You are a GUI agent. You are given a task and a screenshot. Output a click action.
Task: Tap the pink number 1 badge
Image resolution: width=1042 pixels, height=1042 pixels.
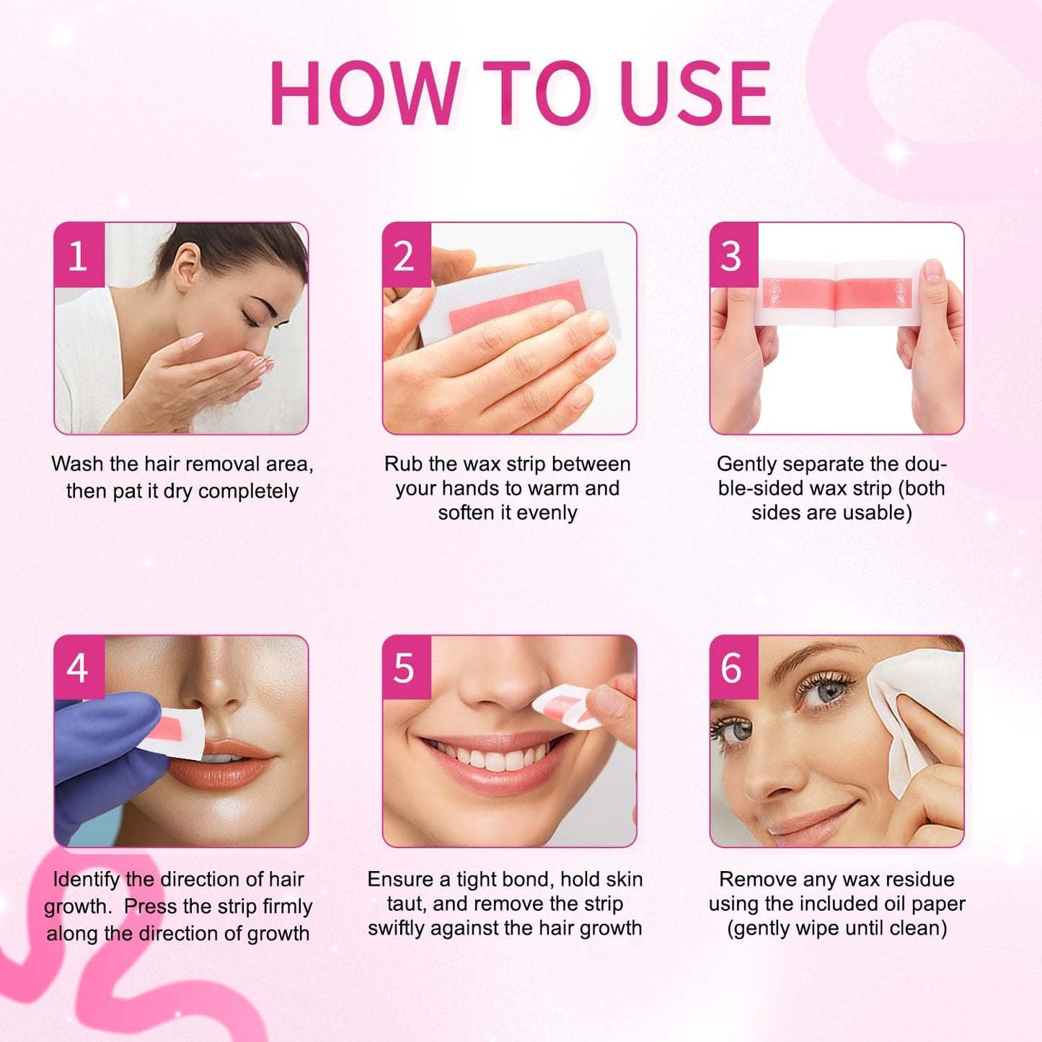[79, 256]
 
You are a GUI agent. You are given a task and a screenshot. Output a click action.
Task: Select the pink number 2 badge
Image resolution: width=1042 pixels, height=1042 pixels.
[406, 256]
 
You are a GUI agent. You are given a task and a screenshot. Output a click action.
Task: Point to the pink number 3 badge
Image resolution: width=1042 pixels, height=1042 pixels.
[733, 256]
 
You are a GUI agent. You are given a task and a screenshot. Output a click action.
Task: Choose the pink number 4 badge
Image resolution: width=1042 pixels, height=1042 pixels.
[79, 668]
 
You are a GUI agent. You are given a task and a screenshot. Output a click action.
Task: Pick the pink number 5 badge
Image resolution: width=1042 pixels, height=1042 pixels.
[406, 668]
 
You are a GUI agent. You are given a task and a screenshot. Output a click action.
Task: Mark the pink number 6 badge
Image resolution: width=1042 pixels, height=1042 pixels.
[733, 668]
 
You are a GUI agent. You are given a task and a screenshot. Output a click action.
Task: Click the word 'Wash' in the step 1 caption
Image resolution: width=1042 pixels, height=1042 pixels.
[77, 464]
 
